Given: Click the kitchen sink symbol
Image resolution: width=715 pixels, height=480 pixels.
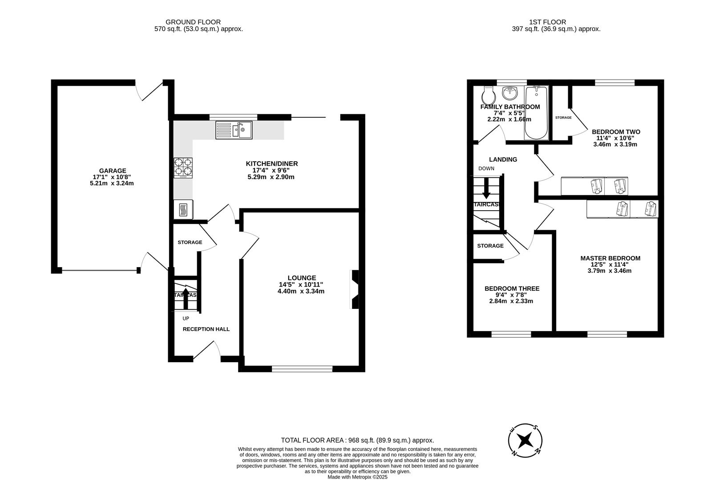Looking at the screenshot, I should point(234,130).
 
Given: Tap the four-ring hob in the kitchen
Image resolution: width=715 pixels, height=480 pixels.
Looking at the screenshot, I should point(183,168).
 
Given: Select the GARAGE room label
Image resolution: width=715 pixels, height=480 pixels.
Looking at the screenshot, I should point(113,171).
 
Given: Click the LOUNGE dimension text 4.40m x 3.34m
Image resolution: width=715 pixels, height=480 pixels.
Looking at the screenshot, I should point(301,292).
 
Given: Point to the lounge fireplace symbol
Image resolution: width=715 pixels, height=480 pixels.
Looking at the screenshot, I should point(355,289).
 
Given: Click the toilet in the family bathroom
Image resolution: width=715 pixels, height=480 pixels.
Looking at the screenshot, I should point(488,95).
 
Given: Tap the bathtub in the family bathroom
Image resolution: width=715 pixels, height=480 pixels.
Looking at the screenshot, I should point(536,113).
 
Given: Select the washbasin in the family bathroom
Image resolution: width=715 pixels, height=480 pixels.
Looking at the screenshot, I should point(510,93).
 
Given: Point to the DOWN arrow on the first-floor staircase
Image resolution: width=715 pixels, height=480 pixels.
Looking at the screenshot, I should point(486,188).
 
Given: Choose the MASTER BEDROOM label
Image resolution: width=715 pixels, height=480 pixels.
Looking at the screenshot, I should point(610,258).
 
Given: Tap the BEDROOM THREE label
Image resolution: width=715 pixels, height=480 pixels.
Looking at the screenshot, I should point(512,288).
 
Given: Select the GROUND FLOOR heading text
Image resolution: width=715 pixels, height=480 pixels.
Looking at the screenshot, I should point(193,22).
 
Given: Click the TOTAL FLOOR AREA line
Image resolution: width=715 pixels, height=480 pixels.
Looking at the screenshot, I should point(357,440).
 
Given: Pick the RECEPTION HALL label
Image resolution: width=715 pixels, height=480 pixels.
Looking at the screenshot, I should point(206,329).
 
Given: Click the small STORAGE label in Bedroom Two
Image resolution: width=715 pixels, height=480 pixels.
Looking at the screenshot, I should point(563,118).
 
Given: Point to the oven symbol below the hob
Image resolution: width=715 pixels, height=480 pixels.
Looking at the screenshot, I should point(183,209).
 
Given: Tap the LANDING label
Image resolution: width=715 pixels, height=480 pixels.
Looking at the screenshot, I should point(503,160).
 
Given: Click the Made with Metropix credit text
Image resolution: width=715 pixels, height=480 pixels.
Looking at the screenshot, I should point(357,477).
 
